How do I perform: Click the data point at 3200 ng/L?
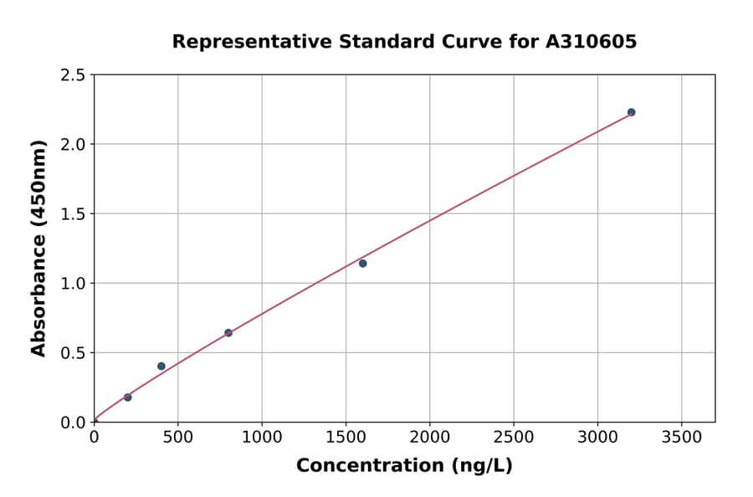pos(631,112)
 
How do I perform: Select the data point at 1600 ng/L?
pos(362,264)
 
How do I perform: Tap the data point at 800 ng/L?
pos(228,333)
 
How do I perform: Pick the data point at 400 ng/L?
pos(161,366)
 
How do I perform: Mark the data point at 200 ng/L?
pos(128,397)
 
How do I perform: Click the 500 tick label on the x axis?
pos(177,438)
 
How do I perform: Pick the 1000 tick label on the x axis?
pos(262,438)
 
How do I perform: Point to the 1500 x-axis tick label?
pos(346,438)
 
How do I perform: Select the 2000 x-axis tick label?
pos(430,438)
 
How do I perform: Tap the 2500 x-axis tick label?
pos(514,438)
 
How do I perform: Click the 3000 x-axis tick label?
pos(597,438)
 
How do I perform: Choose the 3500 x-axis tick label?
pos(681,438)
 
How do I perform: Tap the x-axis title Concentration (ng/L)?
pos(404,466)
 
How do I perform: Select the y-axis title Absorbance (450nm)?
pos(38,248)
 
